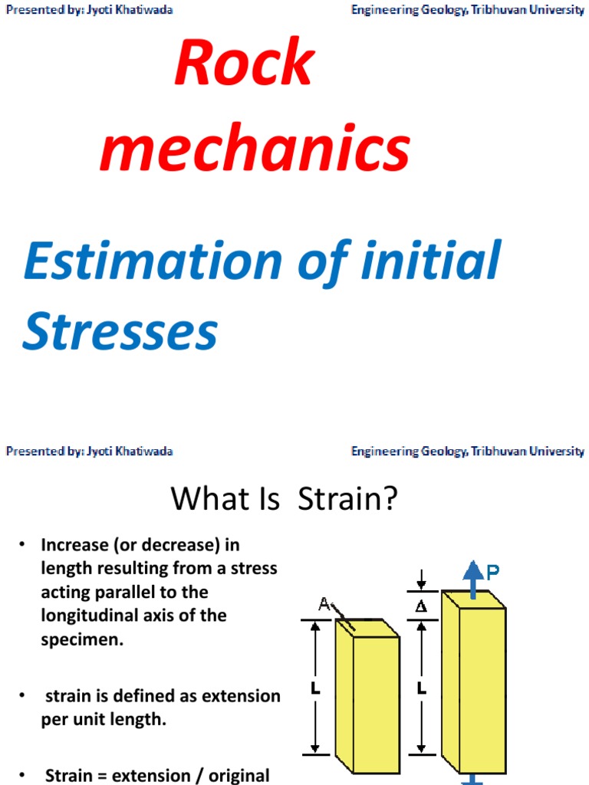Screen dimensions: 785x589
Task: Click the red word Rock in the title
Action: (244, 64)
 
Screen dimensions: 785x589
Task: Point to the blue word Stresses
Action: (120, 333)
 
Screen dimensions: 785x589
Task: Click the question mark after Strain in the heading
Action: (390, 499)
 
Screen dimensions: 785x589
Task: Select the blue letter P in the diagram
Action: (493, 571)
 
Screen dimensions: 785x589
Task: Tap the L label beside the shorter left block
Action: (315, 688)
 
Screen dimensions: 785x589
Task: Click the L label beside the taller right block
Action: (420, 688)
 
